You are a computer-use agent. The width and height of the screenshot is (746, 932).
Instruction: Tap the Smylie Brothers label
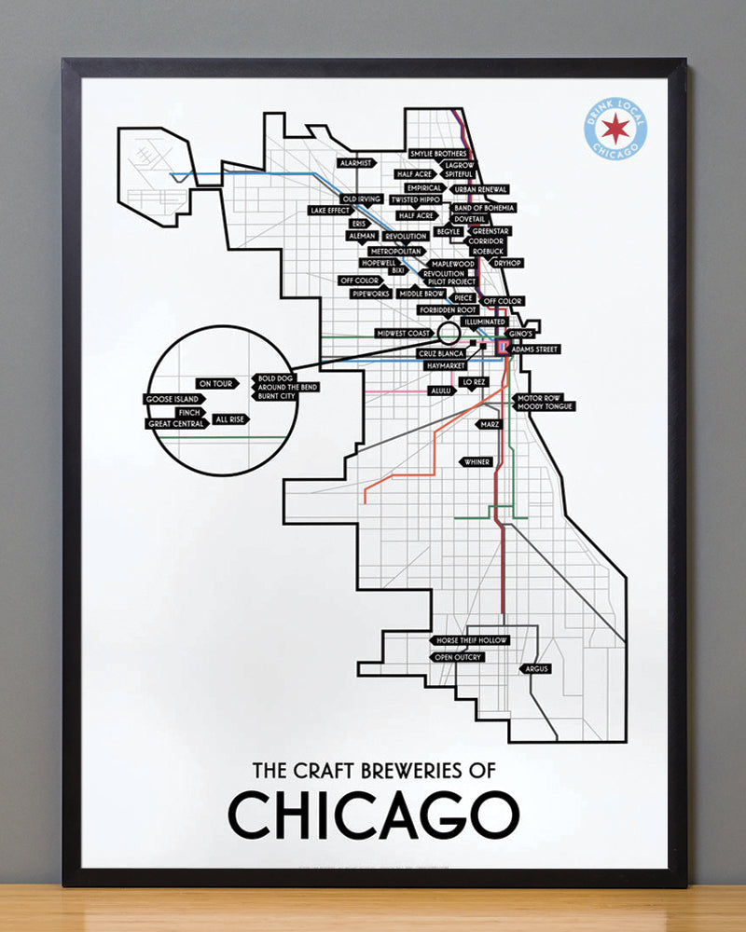coord(437,154)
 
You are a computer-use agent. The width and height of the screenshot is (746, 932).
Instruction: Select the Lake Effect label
coord(329,211)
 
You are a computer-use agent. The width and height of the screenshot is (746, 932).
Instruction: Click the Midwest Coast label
coord(402,333)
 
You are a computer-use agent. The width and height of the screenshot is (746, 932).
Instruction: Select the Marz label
coord(490,424)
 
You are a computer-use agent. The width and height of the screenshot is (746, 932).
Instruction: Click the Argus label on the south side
coord(537,669)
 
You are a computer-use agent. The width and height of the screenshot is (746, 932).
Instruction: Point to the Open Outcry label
coord(457,657)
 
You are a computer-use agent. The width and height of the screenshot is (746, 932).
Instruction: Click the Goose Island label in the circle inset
coord(172,399)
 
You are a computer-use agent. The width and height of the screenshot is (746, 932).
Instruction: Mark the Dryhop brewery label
coord(507,264)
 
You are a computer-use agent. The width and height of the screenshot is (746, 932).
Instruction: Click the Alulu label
coord(439,392)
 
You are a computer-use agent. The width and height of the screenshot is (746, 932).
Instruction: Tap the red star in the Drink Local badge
coord(615,130)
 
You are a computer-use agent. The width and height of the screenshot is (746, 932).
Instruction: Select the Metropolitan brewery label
coord(396,252)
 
